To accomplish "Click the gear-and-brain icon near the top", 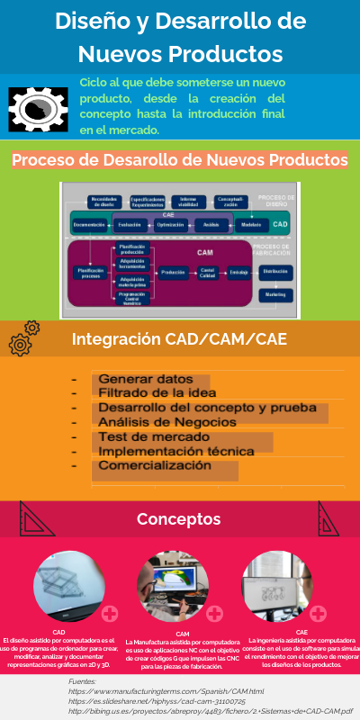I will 38,109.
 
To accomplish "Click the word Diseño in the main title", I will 94,21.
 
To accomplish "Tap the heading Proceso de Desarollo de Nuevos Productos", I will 180,160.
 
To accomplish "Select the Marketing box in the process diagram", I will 274,294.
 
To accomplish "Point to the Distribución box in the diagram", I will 274,270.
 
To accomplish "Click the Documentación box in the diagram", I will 90,223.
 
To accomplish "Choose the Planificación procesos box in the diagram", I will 89,272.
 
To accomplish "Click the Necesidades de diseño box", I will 104,202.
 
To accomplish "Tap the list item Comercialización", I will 154,466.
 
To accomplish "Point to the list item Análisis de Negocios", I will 167,422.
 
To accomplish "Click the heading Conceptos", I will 178,519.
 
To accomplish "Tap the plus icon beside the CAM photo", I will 215,614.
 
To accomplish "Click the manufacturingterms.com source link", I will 166,691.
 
